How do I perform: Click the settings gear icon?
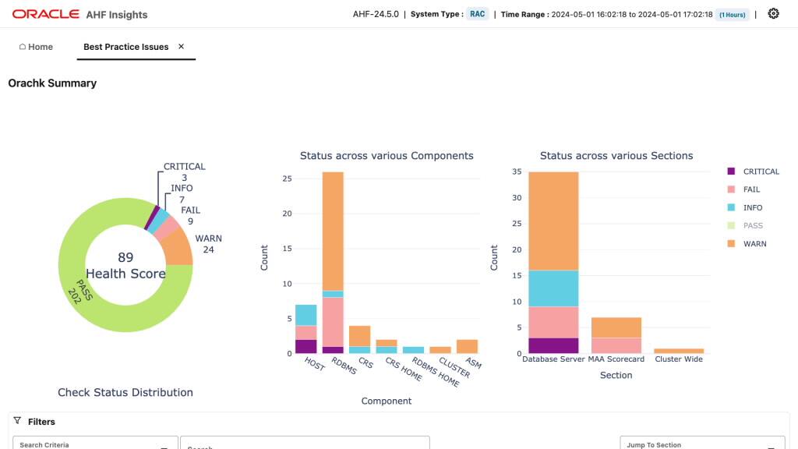[773, 14]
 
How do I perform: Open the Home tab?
[36, 47]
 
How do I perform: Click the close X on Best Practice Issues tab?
[182, 47]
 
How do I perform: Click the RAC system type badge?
[477, 14]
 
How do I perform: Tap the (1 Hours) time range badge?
[732, 15]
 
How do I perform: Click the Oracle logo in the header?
[46, 14]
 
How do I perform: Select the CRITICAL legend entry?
[761, 171]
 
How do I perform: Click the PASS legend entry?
[753, 226]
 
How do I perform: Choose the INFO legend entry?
[752, 208]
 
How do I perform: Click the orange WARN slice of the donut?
[178, 248]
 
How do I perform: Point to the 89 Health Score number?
[125, 257]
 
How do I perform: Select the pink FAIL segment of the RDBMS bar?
[333, 321]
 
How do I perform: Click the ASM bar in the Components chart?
[467, 347]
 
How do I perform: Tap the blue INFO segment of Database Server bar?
[553, 288]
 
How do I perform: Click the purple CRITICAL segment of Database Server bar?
[553, 345]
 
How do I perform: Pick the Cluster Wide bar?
[678, 351]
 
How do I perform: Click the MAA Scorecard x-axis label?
[616, 359]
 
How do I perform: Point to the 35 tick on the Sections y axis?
[515, 171]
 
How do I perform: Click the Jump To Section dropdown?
[701, 444]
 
